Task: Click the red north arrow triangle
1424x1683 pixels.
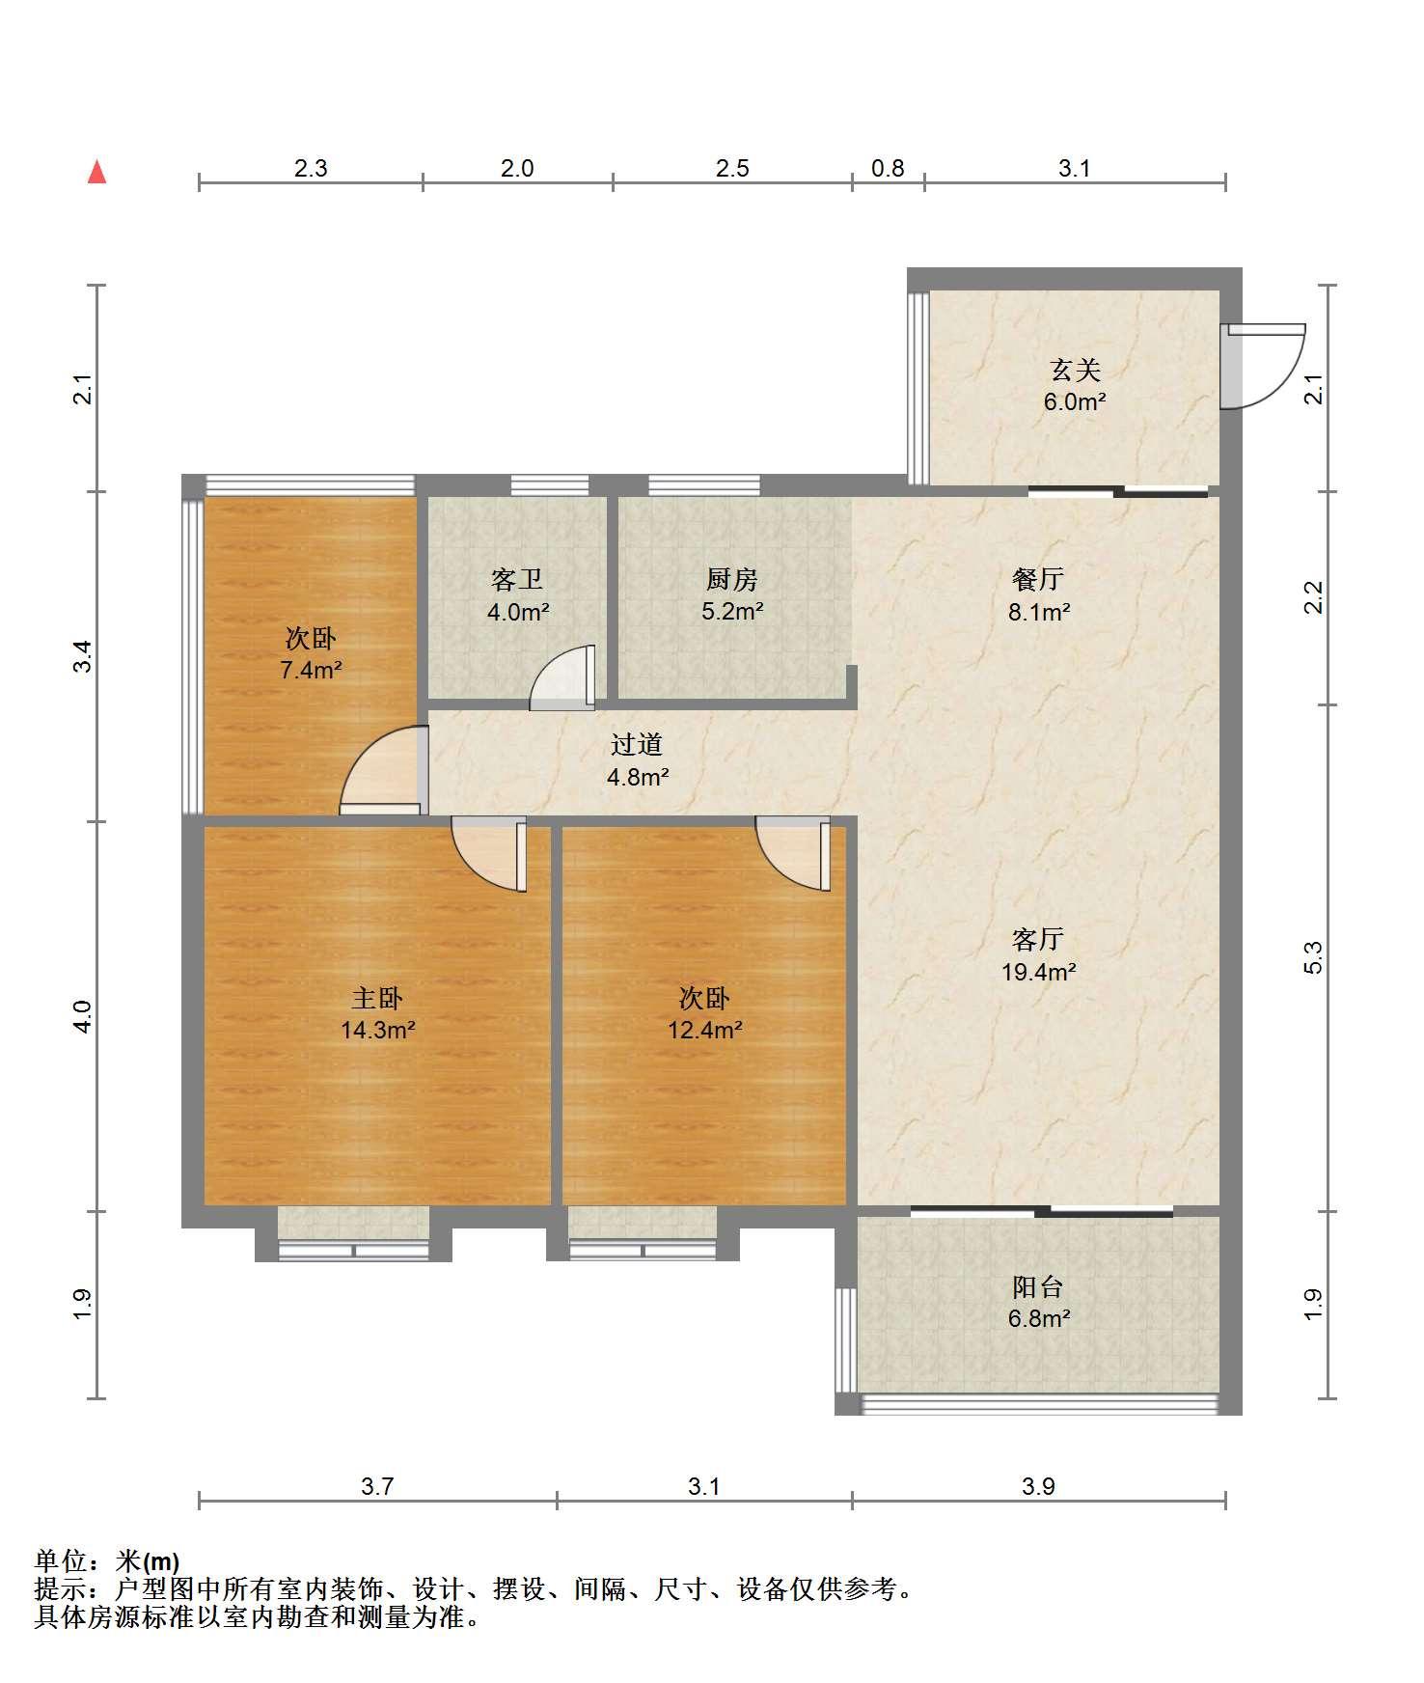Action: coord(96,172)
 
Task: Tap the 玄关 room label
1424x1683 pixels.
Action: coord(1075,371)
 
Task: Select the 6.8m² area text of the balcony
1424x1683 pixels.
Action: coord(1039,1318)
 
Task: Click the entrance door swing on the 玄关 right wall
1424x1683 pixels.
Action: coord(1262,366)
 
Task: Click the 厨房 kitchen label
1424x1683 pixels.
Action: coord(732,580)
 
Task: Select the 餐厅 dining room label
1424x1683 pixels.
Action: coord(1038,580)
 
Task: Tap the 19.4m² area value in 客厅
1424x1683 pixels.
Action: coord(1039,972)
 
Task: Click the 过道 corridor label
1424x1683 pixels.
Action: coord(637,745)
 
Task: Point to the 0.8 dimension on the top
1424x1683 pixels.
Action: coord(888,169)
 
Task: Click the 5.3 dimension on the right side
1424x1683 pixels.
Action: coord(1313,957)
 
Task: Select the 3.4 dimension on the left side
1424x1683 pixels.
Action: coord(85,656)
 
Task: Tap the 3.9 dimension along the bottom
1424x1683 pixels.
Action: coord(1039,1486)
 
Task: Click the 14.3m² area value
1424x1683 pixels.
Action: coord(378,1030)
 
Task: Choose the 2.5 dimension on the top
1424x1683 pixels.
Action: coord(732,169)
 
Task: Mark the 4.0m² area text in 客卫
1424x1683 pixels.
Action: coord(518,612)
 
